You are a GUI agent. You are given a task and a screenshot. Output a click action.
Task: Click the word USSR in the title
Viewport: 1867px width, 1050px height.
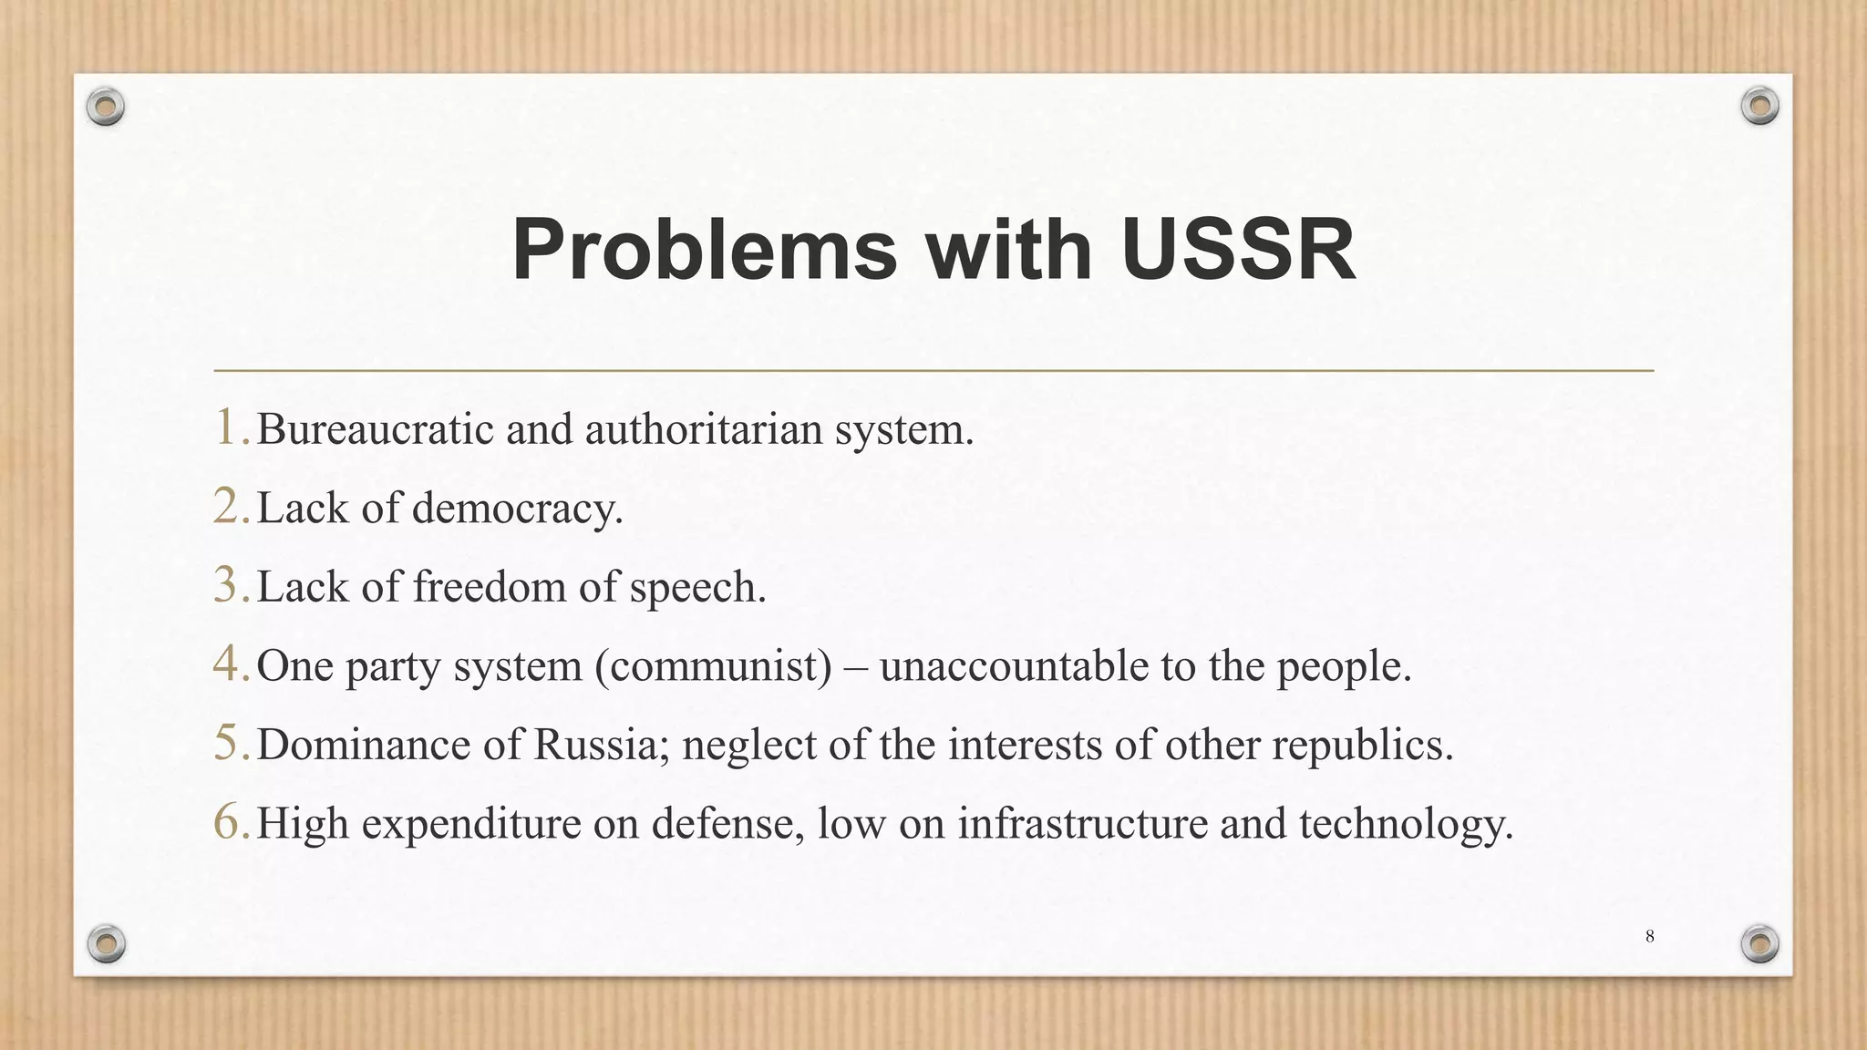(1237, 250)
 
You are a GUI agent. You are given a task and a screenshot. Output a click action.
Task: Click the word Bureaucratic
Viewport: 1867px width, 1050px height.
(375, 428)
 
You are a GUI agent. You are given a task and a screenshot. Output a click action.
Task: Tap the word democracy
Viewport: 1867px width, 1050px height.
(517, 509)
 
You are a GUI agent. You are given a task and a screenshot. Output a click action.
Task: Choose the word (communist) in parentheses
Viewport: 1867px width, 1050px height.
(713, 666)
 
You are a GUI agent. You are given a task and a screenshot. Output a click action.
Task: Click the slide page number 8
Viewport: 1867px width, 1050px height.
(1649, 936)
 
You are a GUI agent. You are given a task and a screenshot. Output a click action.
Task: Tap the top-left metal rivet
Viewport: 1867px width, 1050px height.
(106, 108)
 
